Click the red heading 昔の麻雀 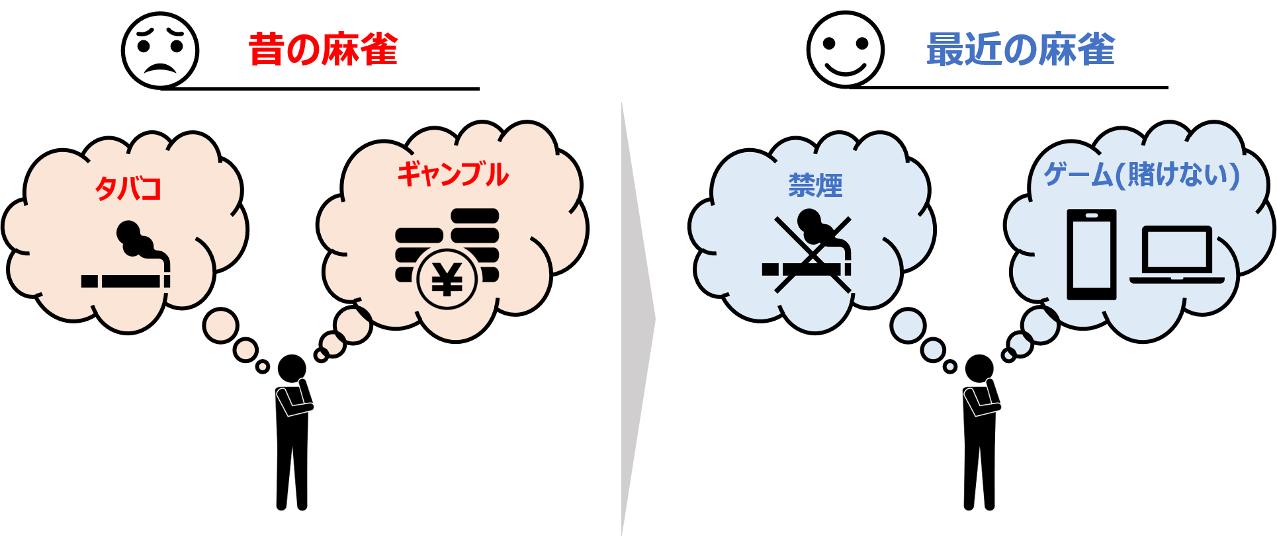click(323, 50)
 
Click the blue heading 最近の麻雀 click(1020, 50)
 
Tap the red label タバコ click(128, 189)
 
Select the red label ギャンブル click(453, 175)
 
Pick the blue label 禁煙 click(815, 186)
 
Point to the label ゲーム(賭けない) click(1141, 175)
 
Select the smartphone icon click(1092, 255)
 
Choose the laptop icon click(1177, 255)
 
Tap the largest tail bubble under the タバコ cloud click(221, 325)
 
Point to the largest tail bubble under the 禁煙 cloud click(908, 326)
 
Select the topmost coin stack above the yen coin click(474, 216)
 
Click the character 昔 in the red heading click(267, 50)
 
